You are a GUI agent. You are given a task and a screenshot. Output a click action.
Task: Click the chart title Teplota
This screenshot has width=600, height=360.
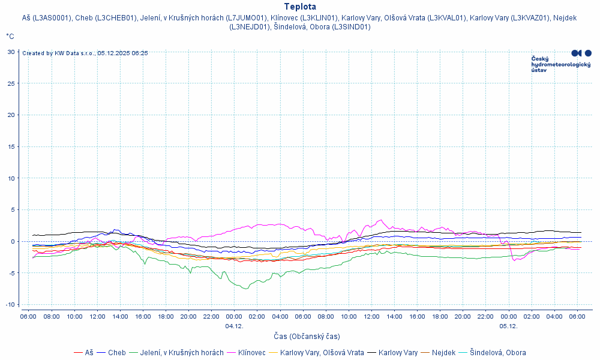click(x=300, y=7)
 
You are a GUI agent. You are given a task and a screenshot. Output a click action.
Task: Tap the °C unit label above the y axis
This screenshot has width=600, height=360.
click(x=10, y=36)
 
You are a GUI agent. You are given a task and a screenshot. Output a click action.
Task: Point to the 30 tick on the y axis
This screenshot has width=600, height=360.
click(x=11, y=52)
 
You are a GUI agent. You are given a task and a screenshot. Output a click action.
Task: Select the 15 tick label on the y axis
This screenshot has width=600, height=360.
click(x=11, y=146)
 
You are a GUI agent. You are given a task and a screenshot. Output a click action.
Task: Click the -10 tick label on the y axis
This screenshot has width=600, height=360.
click(x=10, y=304)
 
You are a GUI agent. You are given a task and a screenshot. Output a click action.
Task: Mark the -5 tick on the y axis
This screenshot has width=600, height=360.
click(x=11, y=273)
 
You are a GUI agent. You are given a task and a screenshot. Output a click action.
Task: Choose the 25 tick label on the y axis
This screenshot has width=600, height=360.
click(x=11, y=83)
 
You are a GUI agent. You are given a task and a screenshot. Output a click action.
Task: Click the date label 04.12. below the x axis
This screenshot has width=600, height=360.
click(x=234, y=326)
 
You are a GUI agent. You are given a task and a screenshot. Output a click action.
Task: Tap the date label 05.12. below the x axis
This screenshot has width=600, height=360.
click(x=508, y=326)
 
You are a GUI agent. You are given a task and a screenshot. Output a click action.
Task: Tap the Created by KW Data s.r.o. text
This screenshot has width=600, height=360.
click(x=85, y=53)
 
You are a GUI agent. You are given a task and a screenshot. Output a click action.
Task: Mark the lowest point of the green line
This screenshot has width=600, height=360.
click(x=245, y=289)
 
